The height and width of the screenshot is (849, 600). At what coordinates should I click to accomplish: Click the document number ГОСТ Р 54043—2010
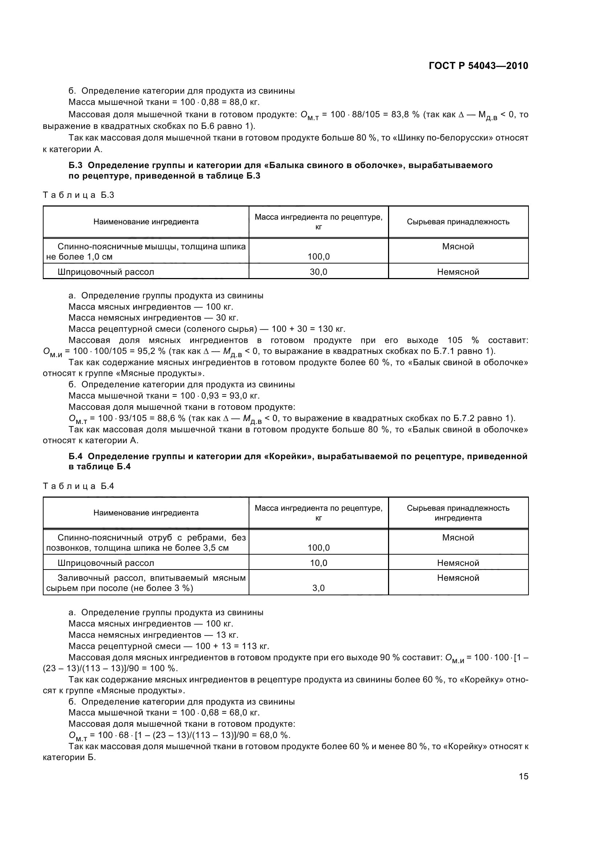(478, 66)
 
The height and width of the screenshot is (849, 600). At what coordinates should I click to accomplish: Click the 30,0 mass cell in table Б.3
(318, 272)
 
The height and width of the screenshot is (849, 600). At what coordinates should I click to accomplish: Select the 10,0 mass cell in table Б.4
(318, 563)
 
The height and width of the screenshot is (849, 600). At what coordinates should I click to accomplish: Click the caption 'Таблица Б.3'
(78, 195)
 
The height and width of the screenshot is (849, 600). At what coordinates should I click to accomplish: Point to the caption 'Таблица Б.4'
(78, 486)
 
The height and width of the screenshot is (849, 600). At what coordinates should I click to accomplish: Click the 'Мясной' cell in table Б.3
(458, 246)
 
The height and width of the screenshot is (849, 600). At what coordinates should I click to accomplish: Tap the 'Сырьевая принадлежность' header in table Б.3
(458, 222)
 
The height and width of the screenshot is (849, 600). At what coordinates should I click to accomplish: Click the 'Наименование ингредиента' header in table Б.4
(146, 513)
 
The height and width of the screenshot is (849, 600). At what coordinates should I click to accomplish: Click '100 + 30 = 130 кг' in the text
(308, 329)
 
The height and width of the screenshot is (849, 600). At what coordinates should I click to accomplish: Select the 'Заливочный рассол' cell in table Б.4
(146, 582)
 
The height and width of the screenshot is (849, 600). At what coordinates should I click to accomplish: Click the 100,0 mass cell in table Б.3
(318, 257)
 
